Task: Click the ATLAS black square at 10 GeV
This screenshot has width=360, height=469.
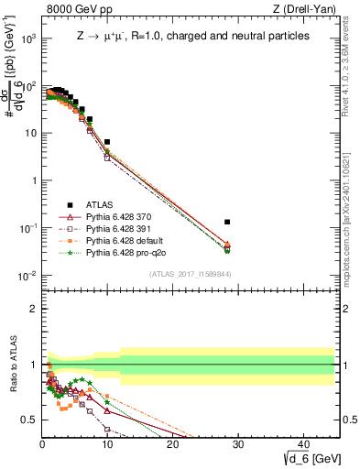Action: [107, 142]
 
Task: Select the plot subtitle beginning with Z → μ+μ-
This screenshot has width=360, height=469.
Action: [191, 36]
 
